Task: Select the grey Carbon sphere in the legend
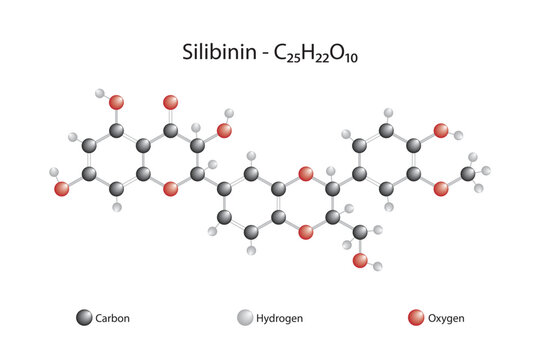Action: [84, 318]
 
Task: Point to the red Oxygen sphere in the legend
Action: [416, 318]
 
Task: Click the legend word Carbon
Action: [112, 318]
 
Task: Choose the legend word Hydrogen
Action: [281, 318]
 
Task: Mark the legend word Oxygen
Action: [446, 318]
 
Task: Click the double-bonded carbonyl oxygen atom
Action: [170, 102]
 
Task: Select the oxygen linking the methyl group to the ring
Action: [441, 188]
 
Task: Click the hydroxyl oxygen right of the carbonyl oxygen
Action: [224, 130]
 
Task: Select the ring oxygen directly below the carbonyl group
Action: [170, 188]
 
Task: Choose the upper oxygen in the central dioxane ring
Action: [305, 174]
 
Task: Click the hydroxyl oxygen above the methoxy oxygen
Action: [441, 130]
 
